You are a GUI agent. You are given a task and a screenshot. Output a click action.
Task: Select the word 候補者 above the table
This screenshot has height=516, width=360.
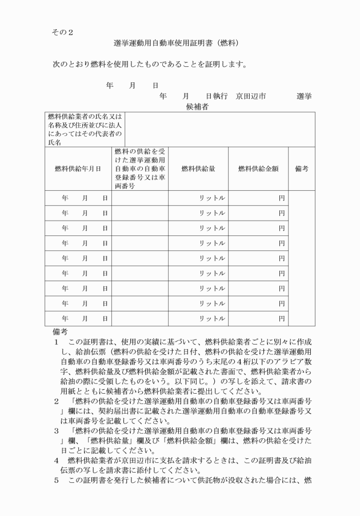point(196,106)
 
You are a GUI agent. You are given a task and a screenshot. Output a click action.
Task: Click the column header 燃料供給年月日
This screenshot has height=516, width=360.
point(78,169)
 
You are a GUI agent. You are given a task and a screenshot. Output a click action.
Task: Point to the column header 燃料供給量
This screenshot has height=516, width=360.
point(198,169)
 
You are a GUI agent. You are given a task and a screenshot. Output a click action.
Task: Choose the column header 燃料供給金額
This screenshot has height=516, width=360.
point(258,169)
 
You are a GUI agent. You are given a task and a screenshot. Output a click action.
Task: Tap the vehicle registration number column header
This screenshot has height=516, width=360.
point(140,169)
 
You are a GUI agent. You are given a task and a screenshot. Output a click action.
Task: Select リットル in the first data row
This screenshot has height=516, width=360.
point(212,198)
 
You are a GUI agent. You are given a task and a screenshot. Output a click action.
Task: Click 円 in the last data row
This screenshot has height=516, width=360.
point(281,318)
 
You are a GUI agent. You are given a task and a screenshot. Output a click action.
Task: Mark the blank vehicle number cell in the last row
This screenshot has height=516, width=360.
point(140,318)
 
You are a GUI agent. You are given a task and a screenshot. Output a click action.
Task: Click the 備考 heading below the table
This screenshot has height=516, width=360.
point(60,331)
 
